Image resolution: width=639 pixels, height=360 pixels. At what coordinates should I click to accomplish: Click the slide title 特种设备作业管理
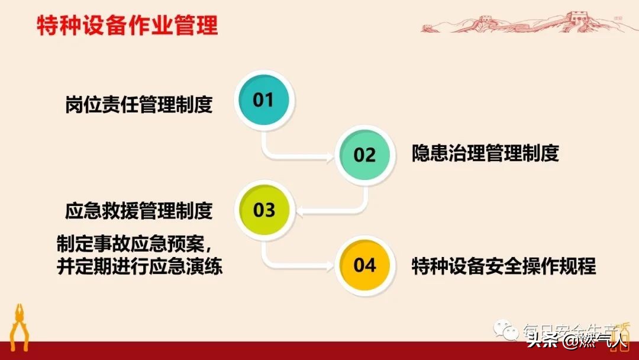(127, 27)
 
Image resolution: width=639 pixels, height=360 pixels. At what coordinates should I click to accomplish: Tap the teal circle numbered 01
(264, 100)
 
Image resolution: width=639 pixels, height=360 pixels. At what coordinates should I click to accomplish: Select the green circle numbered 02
(364, 155)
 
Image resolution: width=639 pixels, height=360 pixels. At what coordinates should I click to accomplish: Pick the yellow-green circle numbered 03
(264, 210)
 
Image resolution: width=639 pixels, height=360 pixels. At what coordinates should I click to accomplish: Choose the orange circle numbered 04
(364, 265)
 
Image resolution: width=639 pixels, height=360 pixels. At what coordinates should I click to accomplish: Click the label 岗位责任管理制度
(138, 105)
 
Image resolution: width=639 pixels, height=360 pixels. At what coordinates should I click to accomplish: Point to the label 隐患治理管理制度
(485, 154)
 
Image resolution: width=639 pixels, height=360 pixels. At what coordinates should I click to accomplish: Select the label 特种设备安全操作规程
(504, 266)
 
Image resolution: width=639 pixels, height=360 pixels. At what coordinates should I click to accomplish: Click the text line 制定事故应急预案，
(138, 244)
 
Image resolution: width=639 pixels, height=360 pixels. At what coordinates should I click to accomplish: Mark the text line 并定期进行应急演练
(138, 266)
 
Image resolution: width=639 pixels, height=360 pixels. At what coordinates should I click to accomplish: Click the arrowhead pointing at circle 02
(330, 156)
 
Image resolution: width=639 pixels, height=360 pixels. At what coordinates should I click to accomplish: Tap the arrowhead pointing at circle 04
(330, 265)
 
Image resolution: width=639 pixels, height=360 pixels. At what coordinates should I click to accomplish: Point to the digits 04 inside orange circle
(364, 265)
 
